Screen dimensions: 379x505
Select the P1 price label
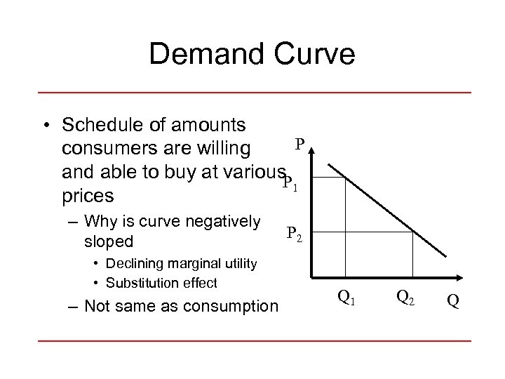[290, 184]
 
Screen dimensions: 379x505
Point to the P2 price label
[295, 234]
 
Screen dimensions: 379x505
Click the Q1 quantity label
[346, 298]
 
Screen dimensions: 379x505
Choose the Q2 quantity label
[405, 298]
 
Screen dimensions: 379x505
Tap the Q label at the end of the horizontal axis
[453, 300]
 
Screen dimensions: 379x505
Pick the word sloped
[108, 241]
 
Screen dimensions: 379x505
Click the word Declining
[133, 265]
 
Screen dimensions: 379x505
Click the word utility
[239, 265]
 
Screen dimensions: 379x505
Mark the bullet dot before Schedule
[45, 126]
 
